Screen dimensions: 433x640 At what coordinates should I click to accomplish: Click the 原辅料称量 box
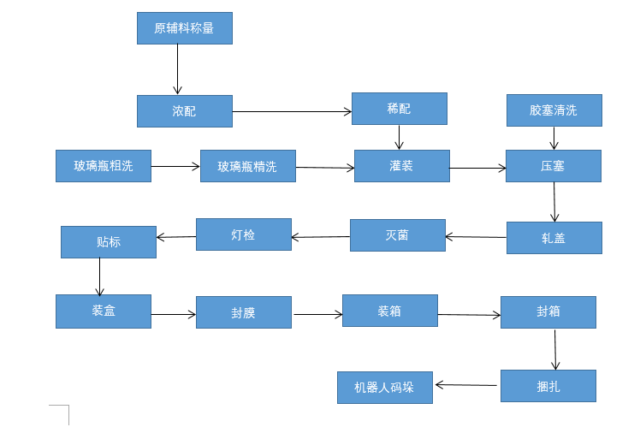(x=184, y=28)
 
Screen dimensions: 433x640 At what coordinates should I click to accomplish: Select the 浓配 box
(x=184, y=111)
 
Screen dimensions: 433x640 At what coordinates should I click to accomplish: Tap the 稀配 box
(x=399, y=109)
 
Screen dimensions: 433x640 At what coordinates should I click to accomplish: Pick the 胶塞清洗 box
(x=554, y=110)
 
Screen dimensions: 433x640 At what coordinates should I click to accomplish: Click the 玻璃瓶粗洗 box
(x=104, y=166)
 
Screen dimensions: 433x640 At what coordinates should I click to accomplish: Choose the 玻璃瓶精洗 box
(x=247, y=166)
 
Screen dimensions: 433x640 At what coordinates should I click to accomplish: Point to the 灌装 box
(x=401, y=166)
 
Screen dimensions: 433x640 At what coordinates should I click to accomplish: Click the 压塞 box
(x=553, y=166)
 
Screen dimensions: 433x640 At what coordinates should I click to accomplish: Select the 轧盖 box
(x=554, y=238)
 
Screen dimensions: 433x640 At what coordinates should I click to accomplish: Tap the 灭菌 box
(x=397, y=235)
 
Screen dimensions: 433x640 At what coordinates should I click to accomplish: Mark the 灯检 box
(x=243, y=234)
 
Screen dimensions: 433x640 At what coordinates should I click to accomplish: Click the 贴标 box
(x=109, y=242)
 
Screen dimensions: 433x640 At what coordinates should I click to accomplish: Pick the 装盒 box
(x=104, y=311)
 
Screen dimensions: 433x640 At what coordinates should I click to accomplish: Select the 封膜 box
(x=243, y=312)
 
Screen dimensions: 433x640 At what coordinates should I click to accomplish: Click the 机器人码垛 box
(x=384, y=387)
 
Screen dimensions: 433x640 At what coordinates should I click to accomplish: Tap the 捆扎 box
(x=548, y=386)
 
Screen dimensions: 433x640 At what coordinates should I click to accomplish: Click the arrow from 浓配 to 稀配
(x=292, y=111)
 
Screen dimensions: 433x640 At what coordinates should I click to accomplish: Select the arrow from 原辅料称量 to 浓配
(x=178, y=68)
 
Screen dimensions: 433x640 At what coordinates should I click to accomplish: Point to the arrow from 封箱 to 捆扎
(x=555, y=349)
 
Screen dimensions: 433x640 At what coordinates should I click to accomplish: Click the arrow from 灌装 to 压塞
(x=477, y=169)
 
